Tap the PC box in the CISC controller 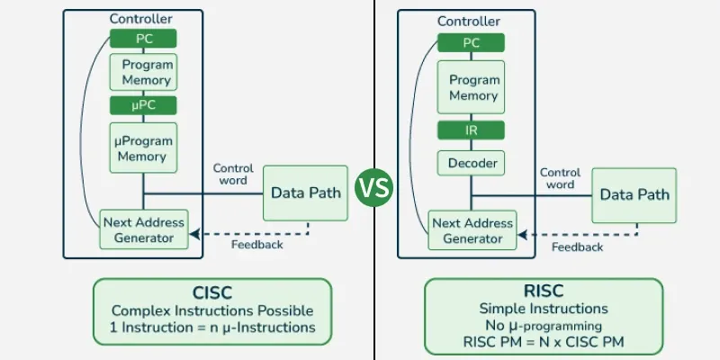pyautogui.click(x=143, y=40)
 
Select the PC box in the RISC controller pyautogui.click(x=472, y=41)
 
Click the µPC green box pyautogui.click(x=143, y=105)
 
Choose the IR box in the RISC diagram pyautogui.click(x=472, y=130)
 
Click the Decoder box pyautogui.click(x=472, y=163)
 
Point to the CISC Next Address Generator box pyautogui.click(x=143, y=229)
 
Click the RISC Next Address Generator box pyautogui.click(x=472, y=229)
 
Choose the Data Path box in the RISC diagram pyautogui.click(x=634, y=194)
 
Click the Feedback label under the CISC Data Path pyautogui.click(x=256, y=245)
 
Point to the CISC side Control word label pyautogui.click(x=233, y=175)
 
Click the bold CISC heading pyautogui.click(x=212, y=292)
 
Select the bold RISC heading pyautogui.click(x=544, y=291)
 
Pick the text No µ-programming pyautogui.click(x=544, y=325)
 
